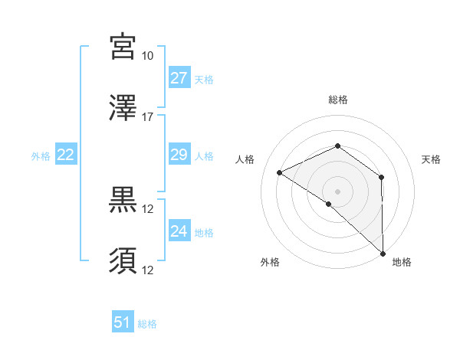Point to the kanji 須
tap(123, 260)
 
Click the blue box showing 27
tap(179, 78)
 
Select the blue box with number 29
tap(179, 155)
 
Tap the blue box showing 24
tap(179, 231)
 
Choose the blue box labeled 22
tap(66, 155)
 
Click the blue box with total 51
tap(123, 322)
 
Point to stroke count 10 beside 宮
tap(148, 56)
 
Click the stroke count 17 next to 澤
tap(148, 117)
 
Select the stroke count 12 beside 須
tap(148, 270)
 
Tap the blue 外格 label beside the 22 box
tap(41, 155)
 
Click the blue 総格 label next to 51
tap(147, 324)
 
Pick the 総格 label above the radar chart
tap(338, 100)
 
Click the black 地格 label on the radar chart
tap(402, 262)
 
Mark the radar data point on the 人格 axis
tap(280, 172)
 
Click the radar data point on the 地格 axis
tap(383, 253)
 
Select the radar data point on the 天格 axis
tap(381, 178)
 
